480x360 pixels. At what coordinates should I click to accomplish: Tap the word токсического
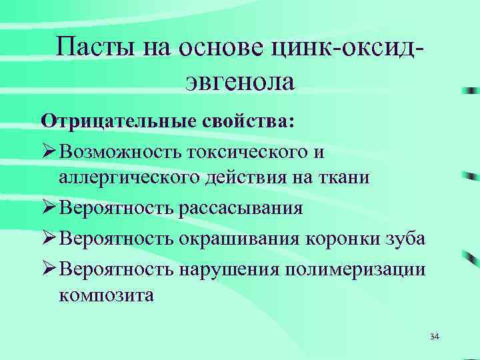coord(248,152)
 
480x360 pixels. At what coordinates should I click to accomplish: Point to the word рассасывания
coord(240,208)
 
